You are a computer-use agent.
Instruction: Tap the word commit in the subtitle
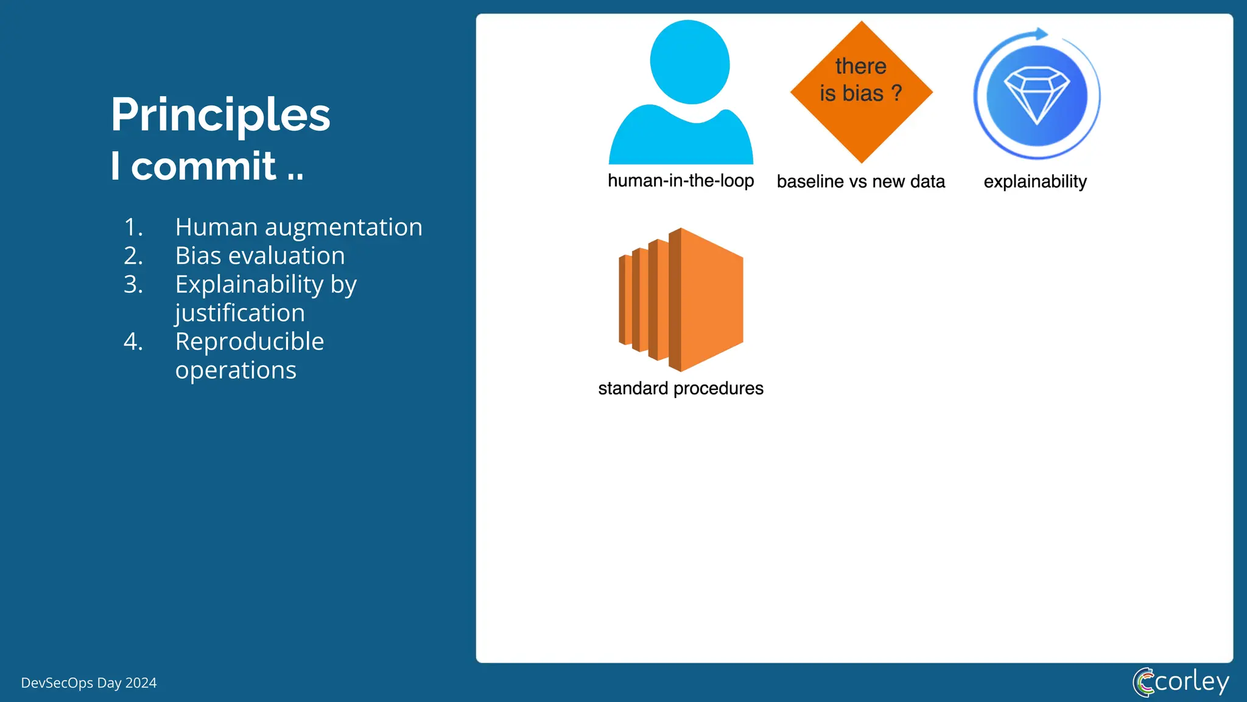coord(204,166)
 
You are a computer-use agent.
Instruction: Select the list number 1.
coord(133,227)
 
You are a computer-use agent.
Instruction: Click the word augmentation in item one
coord(343,227)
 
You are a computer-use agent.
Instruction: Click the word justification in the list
coord(239,313)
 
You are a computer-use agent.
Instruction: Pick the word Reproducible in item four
coord(249,342)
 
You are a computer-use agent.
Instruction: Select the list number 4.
coord(133,342)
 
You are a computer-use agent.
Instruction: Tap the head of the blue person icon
coord(689,62)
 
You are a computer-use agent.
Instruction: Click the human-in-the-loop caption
coord(680,181)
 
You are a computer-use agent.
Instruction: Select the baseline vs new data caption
coord(860,182)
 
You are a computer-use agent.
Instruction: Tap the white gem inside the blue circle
coord(1036,94)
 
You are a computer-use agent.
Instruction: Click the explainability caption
coord(1034,182)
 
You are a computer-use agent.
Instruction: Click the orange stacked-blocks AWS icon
coord(682,300)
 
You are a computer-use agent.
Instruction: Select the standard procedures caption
coord(680,388)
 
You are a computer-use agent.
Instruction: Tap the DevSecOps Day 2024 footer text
coord(89,683)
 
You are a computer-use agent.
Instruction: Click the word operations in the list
coord(236,370)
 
